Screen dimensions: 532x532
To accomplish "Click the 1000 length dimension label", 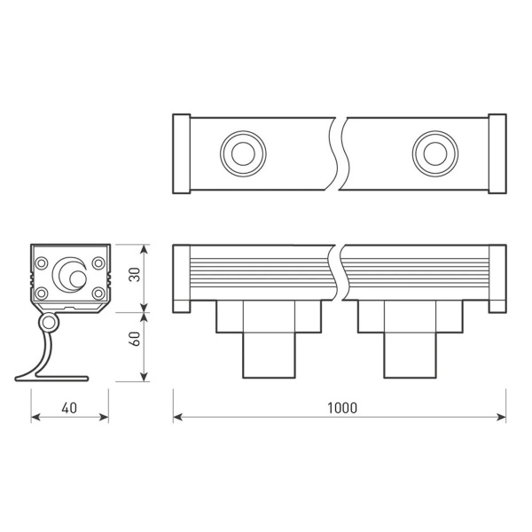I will [341, 408].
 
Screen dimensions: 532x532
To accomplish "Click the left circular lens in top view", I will [240, 152].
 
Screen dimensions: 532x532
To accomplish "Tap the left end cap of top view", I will [181, 153].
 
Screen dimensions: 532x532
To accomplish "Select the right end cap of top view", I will [497, 153].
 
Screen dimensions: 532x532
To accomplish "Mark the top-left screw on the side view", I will [42, 262].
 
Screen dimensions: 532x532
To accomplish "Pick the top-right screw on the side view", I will [98, 262].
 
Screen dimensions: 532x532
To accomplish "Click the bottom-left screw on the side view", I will [42, 293].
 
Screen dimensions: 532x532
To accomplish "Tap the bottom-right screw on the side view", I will [98, 293].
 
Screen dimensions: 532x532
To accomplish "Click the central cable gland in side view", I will [68, 274].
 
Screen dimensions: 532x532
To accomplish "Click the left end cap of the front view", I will [181, 278].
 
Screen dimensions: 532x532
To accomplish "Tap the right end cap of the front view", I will [497, 278].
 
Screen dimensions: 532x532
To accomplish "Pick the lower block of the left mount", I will [270, 355].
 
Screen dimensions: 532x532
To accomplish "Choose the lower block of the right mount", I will [410, 355].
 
